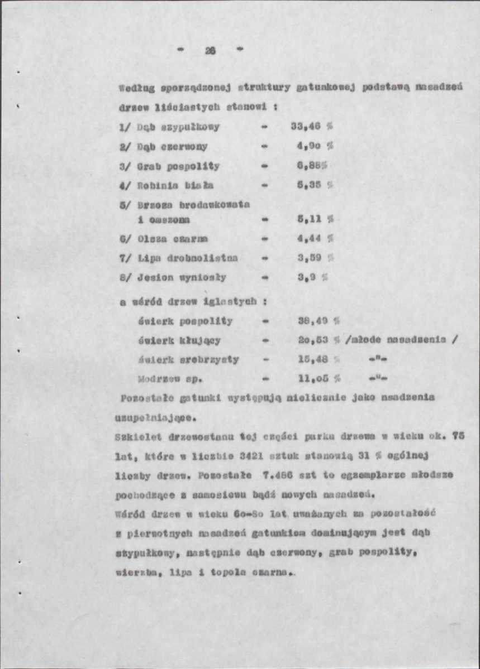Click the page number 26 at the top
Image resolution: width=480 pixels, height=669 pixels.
(210, 50)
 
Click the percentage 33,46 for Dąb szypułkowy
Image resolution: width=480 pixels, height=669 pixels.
(305, 126)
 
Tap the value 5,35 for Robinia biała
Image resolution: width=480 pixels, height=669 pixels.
(310, 185)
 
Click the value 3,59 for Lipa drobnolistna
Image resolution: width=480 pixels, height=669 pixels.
(310, 258)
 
